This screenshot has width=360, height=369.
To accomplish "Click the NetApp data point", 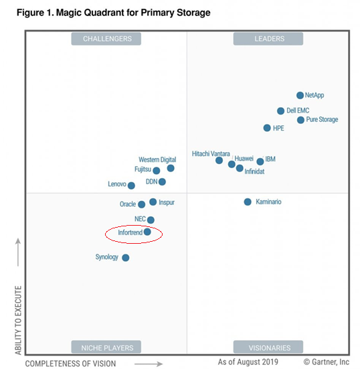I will click(300, 96).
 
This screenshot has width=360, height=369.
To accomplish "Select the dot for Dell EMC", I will click(281, 111).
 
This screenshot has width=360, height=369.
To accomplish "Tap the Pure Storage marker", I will click(301, 121).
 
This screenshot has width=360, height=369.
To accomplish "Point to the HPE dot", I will click(267, 128).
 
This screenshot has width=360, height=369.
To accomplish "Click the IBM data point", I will click(260, 161).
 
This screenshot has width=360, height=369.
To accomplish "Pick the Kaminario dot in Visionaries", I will click(248, 202).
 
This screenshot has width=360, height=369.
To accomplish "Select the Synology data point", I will click(126, 258).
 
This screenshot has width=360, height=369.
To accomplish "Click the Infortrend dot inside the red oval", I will click(147, 232).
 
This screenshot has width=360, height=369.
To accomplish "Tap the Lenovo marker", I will click(131, 186).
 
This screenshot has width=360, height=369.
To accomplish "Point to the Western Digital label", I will click(157, 160).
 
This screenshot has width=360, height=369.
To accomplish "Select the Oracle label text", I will click(128, 204).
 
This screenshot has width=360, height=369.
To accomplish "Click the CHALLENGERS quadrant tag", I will click(107, 39).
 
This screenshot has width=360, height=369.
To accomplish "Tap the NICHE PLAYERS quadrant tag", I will click(107, 348).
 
